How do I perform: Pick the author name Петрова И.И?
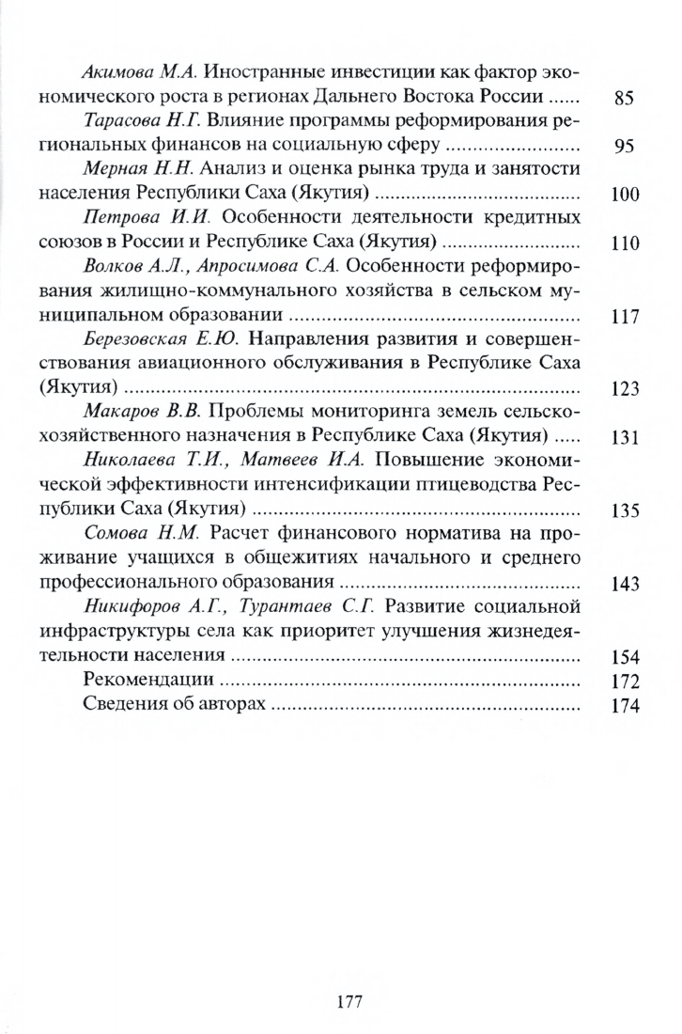(138, 217)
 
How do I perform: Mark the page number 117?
(625, 317)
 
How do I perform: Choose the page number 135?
(625, 511)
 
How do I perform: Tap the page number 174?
(625, 707)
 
